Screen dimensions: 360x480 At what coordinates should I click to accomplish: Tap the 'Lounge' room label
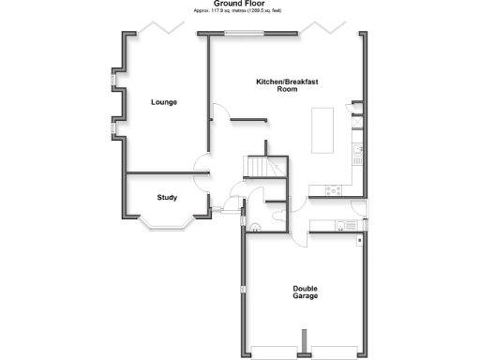164,101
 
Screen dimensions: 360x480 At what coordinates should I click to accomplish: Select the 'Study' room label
167,197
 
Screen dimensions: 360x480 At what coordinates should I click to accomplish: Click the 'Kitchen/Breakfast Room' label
287,85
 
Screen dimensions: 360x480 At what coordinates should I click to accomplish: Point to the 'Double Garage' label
305,292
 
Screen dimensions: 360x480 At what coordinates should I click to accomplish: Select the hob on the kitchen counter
333,190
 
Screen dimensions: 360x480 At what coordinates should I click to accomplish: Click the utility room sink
350,223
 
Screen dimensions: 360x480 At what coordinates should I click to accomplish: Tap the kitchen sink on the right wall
357,150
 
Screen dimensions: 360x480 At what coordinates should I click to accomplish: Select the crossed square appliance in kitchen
357,120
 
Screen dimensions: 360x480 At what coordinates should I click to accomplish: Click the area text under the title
239,11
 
